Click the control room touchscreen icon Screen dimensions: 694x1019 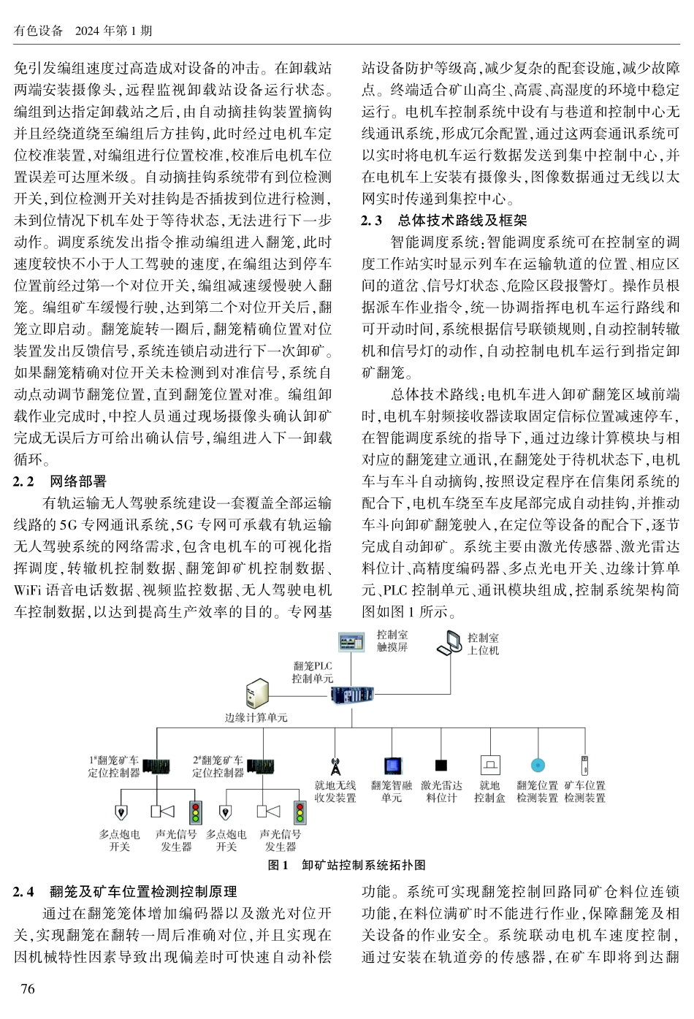[x=351, y=641]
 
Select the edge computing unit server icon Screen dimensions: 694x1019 [x=256, y=692]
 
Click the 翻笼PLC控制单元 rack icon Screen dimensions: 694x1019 [x=351, y=694]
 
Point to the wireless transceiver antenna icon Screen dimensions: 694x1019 [x=335, y=765]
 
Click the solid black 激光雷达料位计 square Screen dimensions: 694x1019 [x=441, y=766]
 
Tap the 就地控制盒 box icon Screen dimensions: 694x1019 [x=489, y=765]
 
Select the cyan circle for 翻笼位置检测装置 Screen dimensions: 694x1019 [x=538, y=766]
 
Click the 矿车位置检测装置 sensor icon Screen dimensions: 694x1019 [x=584, y=765]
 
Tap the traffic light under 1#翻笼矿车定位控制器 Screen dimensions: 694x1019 [x=195, y=812]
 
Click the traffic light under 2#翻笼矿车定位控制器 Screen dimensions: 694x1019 [x=300, y=812]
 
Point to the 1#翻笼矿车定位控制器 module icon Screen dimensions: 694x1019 [x=155, y=766]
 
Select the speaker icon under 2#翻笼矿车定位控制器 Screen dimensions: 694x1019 [x=268, y=811]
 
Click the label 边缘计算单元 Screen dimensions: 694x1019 [x=256, y=717]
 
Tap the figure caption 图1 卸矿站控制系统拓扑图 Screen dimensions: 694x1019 [x=347, y=865]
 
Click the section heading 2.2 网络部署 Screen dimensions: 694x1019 [x=60, y=481]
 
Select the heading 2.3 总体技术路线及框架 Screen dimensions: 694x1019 [x=444, y=221]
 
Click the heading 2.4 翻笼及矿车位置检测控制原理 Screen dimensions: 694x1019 [x=125, y=892]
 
